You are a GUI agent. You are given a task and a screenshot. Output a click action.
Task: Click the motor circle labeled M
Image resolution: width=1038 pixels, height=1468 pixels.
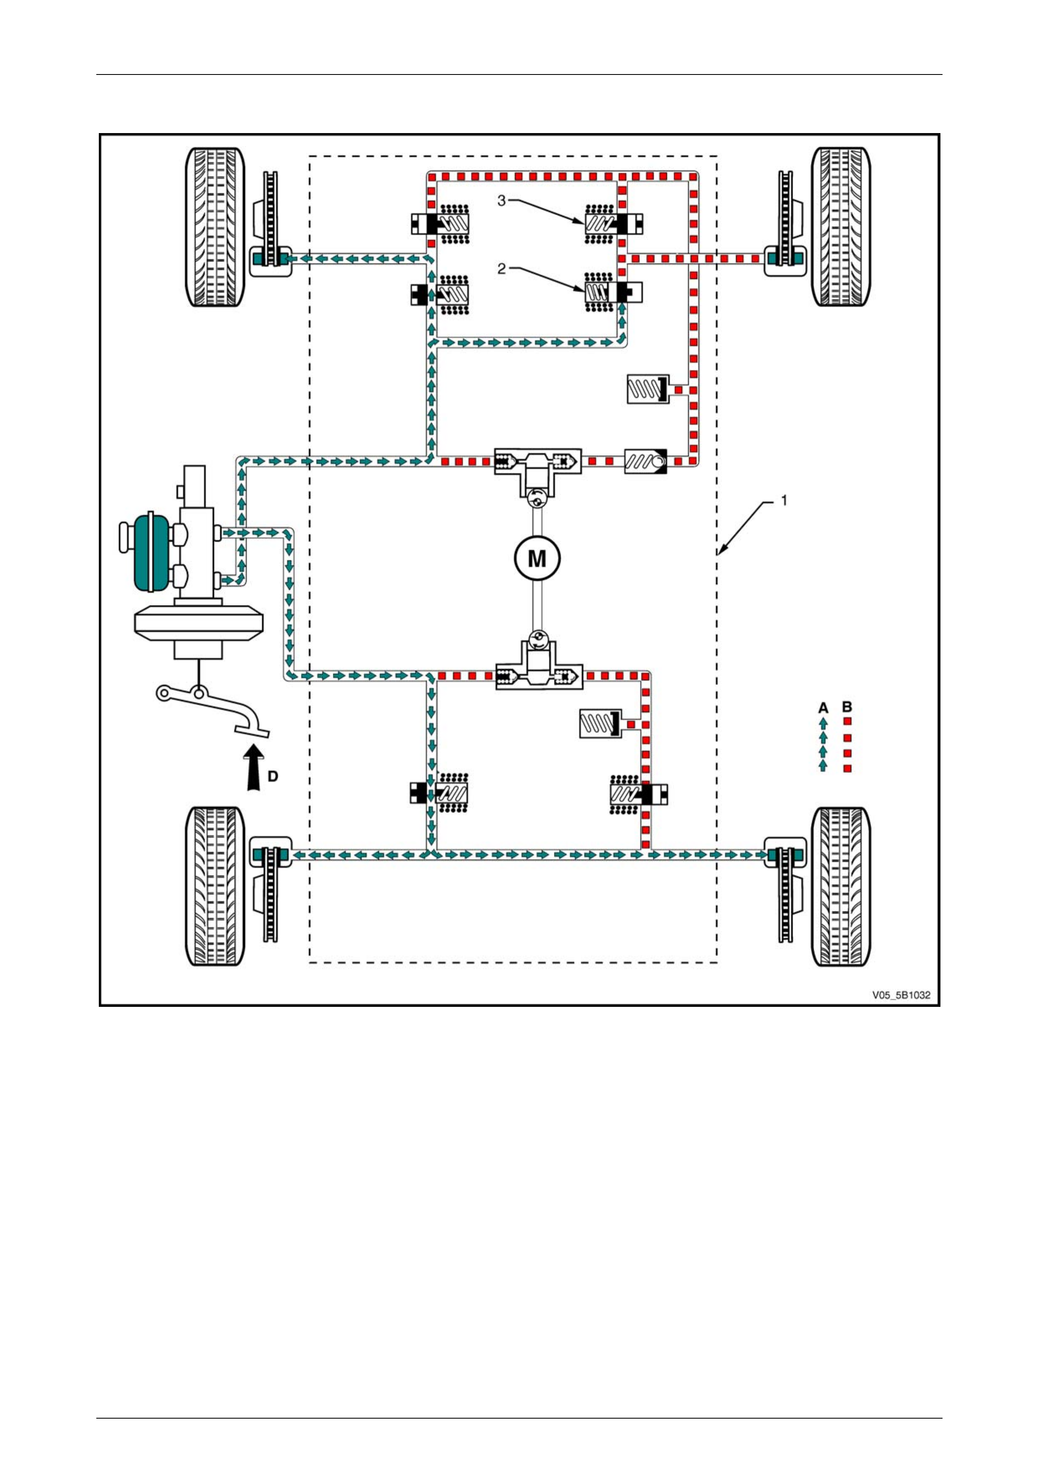pyautogui.click(x=537, y=558)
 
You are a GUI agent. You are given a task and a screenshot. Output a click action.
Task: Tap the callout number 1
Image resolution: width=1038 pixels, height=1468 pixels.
pyautogui.click(x=784, y=500)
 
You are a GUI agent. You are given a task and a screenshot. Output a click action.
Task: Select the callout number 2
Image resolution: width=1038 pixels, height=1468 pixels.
pyautogui.click(x=501, y=269)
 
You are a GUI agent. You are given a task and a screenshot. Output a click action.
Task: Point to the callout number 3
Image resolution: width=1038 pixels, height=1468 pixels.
pyautogui.click(x=501, y=201)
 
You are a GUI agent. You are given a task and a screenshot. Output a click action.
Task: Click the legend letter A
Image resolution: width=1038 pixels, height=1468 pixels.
pyautogui.click(x=823, y=708)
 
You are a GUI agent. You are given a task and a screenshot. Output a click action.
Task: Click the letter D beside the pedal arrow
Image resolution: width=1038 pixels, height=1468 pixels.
pyautogui.click(x=273, y=776)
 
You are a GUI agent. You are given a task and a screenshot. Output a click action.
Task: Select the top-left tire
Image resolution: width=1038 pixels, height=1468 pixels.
pyautogui.click(x=215, y=227)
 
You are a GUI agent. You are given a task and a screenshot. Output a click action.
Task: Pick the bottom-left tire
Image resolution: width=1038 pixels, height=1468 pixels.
pyautogui.click(x=215, y=886)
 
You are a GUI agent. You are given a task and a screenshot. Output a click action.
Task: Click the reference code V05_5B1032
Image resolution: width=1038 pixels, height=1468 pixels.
pyautogui.click(x=901, y=995)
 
